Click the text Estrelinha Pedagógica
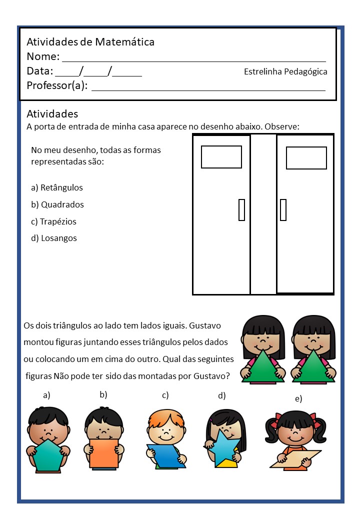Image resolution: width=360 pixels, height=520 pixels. [285, 71]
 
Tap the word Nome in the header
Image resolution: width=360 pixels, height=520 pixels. [42, 56]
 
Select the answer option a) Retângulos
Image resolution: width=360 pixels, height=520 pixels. [57, 188]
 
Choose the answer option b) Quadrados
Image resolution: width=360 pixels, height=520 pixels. [57, 204]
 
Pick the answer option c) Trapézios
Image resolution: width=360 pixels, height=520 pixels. [53, 221]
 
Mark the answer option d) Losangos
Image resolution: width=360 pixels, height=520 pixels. [54, 238]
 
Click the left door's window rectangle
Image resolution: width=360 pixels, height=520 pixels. [221, 157]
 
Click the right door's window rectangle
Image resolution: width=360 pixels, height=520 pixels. [306, 158]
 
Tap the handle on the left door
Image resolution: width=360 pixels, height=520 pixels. [241, 209]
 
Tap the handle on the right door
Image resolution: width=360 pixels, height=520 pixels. [283, 209]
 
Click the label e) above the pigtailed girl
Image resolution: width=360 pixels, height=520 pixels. [298, 398]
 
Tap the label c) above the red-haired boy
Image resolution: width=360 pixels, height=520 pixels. [165, 395]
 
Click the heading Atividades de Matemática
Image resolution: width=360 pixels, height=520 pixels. [90, 42]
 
